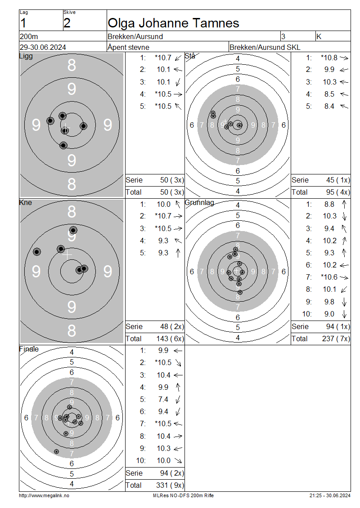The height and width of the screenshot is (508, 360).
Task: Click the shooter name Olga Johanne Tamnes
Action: click(x=173, y=23)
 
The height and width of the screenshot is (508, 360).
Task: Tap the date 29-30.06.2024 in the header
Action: click(x=43, y=47)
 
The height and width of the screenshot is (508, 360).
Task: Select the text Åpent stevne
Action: click(x=128, y=47)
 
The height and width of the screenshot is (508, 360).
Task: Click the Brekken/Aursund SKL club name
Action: click(x=265, y=47)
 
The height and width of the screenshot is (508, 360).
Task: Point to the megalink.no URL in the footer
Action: click(x=44, y=495)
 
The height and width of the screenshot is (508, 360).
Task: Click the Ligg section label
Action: click(x=26, y=56)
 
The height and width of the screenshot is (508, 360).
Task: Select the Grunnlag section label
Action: click(x=199, y=202)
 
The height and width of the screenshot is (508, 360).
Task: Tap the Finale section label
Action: click(x=29, y=349)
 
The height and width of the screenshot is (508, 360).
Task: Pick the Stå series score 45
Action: click(x=330, y=180)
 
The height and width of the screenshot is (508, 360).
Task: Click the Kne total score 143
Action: click(x=162, y=339)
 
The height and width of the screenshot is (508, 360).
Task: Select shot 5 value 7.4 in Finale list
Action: click(x=163, y=400)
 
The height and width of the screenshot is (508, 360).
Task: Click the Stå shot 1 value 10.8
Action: click(x=329, y=58)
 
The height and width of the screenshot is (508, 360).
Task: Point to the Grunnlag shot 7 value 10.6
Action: click(x=329, y=277)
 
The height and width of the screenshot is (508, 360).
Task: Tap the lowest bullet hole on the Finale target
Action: click(x=56, y=452)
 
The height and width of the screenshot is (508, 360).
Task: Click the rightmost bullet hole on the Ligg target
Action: click(x=84, y=126)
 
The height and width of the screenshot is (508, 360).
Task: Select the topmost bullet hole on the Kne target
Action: click(x=73, y=230)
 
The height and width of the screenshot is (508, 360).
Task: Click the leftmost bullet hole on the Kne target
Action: click(x=37, y=252)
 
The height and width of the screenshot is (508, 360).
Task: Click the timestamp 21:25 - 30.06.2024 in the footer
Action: click(x=330, y=495)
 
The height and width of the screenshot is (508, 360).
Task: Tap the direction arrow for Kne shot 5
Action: click(x=178, y=253)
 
